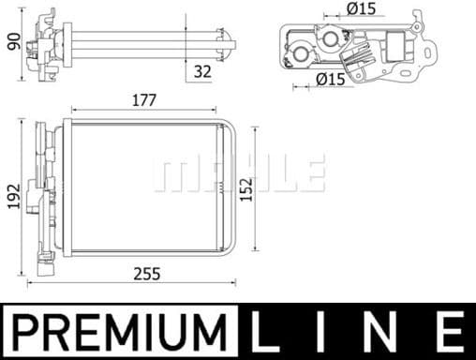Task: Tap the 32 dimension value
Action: tap(202, 69)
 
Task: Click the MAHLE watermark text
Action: tap(238, 173)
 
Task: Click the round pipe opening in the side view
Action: tap(303, 54)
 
